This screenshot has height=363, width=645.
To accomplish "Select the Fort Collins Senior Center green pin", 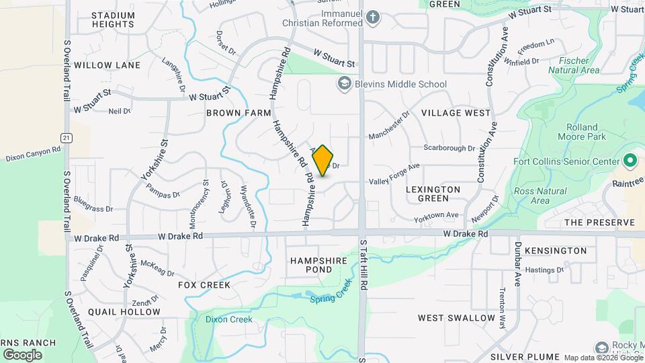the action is click(630, 161).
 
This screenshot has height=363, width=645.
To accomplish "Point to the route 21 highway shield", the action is click(65, 137).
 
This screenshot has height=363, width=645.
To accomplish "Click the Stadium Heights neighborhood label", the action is click(114, 19).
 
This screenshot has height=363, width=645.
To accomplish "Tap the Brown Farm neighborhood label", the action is click(233, 113).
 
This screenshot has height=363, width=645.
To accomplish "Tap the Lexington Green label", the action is click(433, 194).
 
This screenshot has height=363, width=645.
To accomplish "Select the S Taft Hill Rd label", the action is click(363, 266).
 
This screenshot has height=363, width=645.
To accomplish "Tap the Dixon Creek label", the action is click(229, 319).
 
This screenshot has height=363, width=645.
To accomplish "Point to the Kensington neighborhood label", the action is click(556, 251).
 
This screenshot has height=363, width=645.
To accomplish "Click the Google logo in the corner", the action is click(22, 354).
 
